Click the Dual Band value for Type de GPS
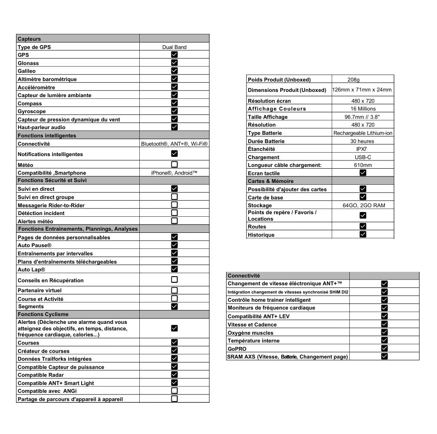pyautogui.click(x=174, y=47)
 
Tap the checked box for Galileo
pyautogui.click(x=174, y=71)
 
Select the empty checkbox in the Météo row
pyautogui.click(x=174, y=164)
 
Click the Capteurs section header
pyautogui.click(x=30, y=39)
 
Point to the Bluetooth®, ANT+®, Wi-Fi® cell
pyautogui.click(x=174, y=144)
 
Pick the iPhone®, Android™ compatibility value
pyautogui.click(x=174, y=173)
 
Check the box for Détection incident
pyautogui.click(x=174, y=212)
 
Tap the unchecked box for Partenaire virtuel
pyautogui.click(x=174, y=290)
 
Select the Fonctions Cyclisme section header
pyautogui.click(x=43, y=314)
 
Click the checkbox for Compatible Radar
pyautogui.click(x=174, y=375)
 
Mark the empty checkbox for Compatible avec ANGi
pyautogui.click(x=174, y=391)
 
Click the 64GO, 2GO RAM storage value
pyautogui.click(x=363, y=205)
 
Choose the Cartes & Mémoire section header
pyautogui.click(x=270, y=181)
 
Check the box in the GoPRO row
pyautogui.click(x=384, y=348)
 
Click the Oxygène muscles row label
pyautogui.click(x=250, y=333)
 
